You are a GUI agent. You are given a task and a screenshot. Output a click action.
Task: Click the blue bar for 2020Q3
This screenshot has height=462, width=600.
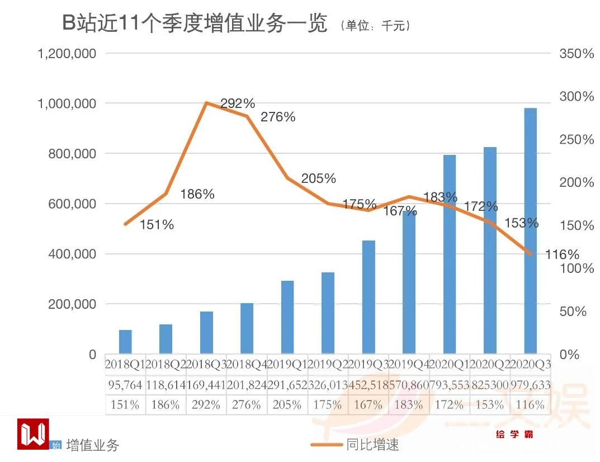coord(530,230)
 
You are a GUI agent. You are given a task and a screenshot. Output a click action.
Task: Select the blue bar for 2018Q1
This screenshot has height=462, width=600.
coord(125,342)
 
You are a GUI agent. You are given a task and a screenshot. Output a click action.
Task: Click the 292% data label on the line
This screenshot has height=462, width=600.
coord(238,103)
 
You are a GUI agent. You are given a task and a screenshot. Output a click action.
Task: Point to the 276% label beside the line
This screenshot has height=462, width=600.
coord(278,117)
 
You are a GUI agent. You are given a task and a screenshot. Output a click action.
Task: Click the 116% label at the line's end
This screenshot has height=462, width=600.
coord(562,255)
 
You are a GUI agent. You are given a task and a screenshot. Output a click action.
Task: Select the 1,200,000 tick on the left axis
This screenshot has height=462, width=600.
coord(67,54)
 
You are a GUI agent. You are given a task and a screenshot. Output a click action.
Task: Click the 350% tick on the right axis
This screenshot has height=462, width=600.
coord(577,54)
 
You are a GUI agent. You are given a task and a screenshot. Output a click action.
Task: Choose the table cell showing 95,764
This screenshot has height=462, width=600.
coord(125,385)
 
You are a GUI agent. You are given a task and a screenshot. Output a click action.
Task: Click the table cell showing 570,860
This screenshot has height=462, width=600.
coord(409,385)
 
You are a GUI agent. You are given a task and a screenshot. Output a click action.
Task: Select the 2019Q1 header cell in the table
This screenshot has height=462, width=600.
coord(287,365)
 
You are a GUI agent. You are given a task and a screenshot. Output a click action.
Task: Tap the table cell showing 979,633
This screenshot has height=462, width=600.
coord(530,385)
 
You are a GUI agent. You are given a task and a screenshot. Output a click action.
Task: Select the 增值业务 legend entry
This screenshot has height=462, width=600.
coord(92,445)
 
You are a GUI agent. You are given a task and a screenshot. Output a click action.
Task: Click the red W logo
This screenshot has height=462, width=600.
coord(33,433)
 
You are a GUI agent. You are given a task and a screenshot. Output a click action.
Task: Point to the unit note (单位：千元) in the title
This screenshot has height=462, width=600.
coord(375,26)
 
